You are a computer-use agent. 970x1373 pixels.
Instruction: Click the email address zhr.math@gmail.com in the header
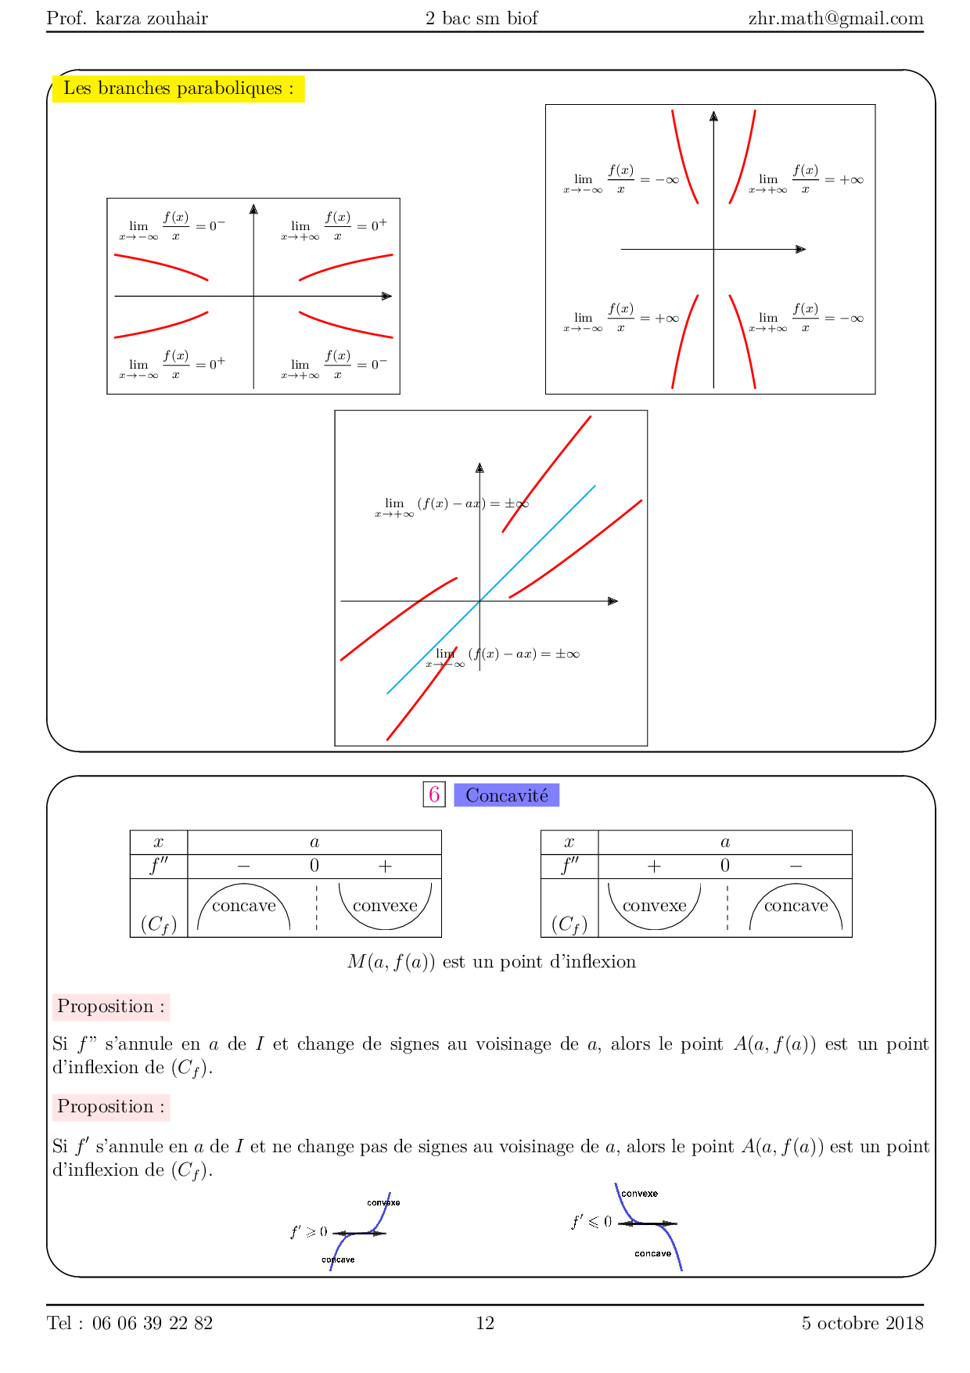tap(835, 18)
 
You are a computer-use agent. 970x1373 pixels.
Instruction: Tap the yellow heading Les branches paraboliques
tap(178, 88)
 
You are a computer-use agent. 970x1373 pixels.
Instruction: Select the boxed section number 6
tap(434, 795)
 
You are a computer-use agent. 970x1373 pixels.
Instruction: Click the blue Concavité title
tap(507, 795)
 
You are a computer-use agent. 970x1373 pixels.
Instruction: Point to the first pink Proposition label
tap(111, 1007)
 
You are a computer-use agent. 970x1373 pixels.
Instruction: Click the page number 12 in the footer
tap(485, 1323)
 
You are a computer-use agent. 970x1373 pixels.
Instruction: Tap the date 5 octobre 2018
tap(862, 1323)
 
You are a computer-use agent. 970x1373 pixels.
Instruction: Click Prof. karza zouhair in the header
tap(128, 18)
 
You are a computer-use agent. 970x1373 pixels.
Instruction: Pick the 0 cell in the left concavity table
tap(314, 866)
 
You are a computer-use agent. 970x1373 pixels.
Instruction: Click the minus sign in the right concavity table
tap(796, 866)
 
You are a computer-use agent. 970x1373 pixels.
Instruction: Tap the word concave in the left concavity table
tap(244, 906)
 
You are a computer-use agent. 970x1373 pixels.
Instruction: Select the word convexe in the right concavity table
tap(655, 906)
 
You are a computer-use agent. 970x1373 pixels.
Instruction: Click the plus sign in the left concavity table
tap(385, 866)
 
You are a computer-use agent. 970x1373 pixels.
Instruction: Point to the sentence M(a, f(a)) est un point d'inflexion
tap(491, 961)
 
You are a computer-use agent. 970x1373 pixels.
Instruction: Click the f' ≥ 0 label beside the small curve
tap(309, 1232)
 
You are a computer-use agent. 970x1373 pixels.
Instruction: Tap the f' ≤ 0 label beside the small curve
tap(591, 1222)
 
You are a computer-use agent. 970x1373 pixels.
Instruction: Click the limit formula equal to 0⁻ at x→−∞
tap(172, 227)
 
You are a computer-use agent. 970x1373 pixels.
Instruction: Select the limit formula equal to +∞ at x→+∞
tap(806, 180)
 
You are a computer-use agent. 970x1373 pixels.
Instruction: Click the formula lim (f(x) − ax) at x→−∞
tap(503, 655)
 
